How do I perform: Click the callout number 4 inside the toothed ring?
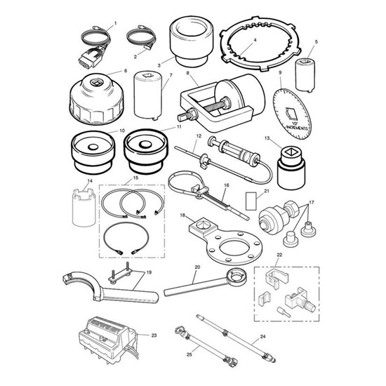pyautogui.click(x=255, y=39)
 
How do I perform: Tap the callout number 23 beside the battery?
pyautogui.click(x=154, y=335)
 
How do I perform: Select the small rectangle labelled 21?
pyautogui.click(x=251, y=201)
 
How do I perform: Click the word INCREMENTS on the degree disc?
pyautogui.click(x=296, y=128)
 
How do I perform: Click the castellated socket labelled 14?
pyautogui.click(x=84, y=206)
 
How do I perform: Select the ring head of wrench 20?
pyautogui.click(x=237, y=276)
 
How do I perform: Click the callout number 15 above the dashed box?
pyautogui.click(x=135, y=178)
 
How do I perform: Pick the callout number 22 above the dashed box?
pyautogui.click(x=279, y=255)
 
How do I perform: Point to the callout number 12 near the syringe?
pyautogui.click(x=199, y=136)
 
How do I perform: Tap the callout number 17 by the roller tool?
pyautogui.click(x=312, y=202)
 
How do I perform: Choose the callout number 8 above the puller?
pyautogui.click(x=188, y=73)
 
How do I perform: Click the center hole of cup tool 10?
pyautogui.click(x=93, y=147)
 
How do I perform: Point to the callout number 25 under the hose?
pyautogui.click(x=189, y=354)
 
